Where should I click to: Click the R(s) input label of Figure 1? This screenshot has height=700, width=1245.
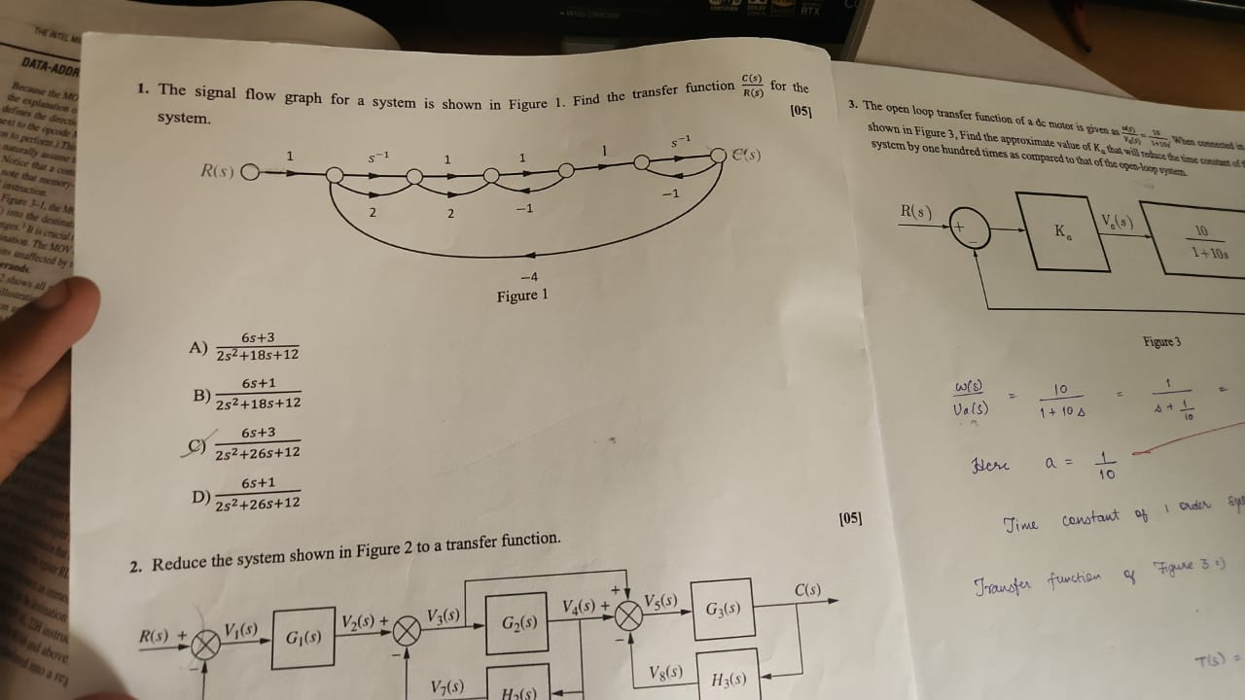(219, 172)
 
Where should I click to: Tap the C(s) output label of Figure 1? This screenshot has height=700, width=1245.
(745, 155)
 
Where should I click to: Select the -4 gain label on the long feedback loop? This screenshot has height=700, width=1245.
(529, 277)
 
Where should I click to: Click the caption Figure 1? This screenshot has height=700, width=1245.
(522, 296)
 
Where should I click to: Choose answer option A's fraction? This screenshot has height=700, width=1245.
(258, 347)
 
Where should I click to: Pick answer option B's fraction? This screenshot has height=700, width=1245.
(258, 394)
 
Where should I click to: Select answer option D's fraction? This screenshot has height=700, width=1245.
(258, 493)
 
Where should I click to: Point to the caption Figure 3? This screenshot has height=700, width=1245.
(1161, 342)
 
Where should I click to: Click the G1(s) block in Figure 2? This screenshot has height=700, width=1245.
(303, 638)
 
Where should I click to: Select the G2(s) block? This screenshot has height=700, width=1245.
(517, 622)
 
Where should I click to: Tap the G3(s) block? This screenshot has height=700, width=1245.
(723, 610)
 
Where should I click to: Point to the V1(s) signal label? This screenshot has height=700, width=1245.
(241, 629)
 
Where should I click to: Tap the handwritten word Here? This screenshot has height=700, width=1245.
(989, 464)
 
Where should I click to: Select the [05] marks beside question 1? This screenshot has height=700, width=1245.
(801, 111)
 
